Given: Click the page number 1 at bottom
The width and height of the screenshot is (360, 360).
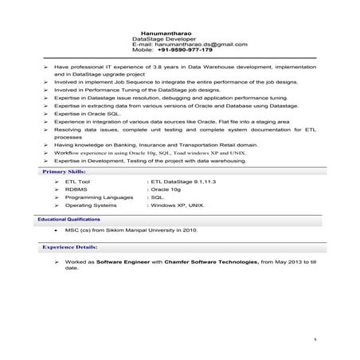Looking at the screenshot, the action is coord(315,340).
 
